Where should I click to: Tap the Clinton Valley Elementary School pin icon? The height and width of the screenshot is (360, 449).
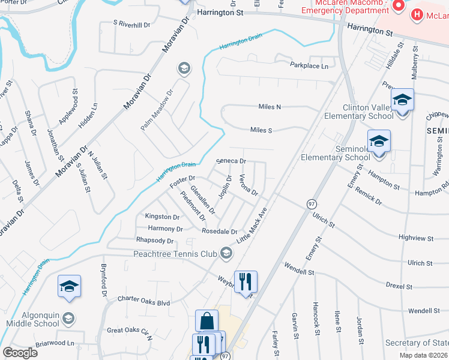(x=402, y=101)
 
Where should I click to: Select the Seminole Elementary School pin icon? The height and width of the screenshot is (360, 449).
(x=379, y=142)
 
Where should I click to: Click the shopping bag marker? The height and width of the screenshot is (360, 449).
(x=206, y=321)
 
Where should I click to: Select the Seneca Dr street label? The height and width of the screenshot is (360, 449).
(x=231, y=161)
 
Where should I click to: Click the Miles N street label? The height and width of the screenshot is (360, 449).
(x=270, y=107)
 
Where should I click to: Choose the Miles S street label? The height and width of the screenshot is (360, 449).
(x=261, y=130)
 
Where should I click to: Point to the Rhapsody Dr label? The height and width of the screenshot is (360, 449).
(x=155, y=241)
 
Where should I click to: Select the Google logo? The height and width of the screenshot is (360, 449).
(x=20, y=353)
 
